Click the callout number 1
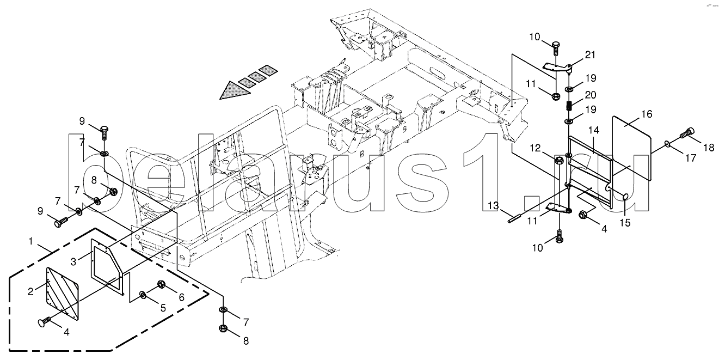pyautogui.click(x=31, y=241)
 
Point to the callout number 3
pyautogui.click(x=73, y=262)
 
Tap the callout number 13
pyautogui.click(x=494, y=205)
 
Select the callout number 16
pyautogui.click(x=647, y=114)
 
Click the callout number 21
pyautogui.click(x=590, y=55)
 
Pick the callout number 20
pyautogui.click(x=591, y=95)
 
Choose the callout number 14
pyautogui.click(x=594, y=130)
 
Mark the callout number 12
pyautogui.click(x=536, y=148)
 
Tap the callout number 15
pyautogui.click(x=625, y=223)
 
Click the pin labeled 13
pyautogui.click(x=514, y=219)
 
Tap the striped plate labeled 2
pyautogui.click(x=63, y=294)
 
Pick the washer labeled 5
pyautogui.click(x=143, y=295)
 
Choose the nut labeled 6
pyautogui.click(x=161, y=284)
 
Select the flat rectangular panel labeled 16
pyautogui.click(x=631, y=148)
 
